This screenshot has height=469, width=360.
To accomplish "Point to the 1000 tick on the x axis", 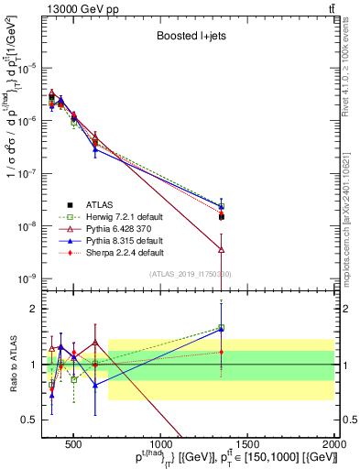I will coord(161,447).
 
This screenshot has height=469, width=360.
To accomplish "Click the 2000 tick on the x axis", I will coord(335,447).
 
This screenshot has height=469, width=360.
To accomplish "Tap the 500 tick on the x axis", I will coord(74,447).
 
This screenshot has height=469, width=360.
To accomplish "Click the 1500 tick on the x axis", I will coord(248,447).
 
